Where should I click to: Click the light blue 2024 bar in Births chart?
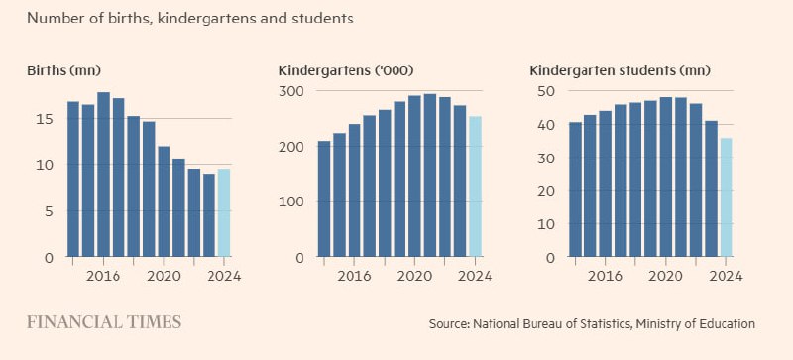pyautogui.click(x=224, y=213)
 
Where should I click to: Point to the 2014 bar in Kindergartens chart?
pyautogui.click(x=324, y=198)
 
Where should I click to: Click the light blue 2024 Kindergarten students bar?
pyautogui.click(x=727, y=197)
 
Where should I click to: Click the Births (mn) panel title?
pyautogui.click(x=63, y=70)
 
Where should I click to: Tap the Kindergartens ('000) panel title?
pyautogui.click(x=346, y=70)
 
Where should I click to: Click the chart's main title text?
pyautogui.click(x=189, y=18)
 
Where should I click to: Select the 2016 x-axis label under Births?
pyautogui.click(x=103, y=275)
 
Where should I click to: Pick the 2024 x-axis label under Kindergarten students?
pyautogui.click(x=727, y=275)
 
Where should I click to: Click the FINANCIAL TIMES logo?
pyautogui.click(x=104, y=322)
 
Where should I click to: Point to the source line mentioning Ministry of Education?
pyautogui.click(x=592, y=324)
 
